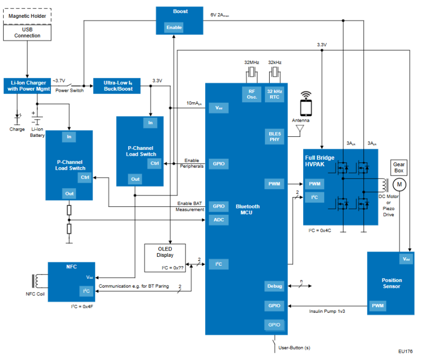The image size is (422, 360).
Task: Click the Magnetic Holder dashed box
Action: click(x=27, y=16)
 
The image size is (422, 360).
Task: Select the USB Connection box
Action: click(x=27, y=32)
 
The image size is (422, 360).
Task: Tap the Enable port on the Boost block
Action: click(x=174, y=27)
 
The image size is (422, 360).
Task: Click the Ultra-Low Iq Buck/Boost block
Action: click(x=117, y=86)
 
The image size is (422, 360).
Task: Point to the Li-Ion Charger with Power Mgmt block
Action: click(x=27, y=86)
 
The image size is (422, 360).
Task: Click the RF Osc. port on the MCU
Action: click(x=252, y=94)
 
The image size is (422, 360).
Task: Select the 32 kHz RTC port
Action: click(x=274, y=94)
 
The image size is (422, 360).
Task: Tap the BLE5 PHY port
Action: click(x=274, y=137)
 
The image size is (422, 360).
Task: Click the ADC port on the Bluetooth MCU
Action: click(x=219, y=220)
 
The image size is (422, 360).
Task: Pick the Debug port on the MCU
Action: click(x=274, y=286)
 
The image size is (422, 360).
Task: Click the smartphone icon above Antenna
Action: click(x=306, y=105)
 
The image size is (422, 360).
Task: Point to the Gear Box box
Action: click(x=399, y=168)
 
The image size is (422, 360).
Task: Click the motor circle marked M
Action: click(x=399, y=184)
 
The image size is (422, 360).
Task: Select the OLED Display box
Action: click(x=165, y=258)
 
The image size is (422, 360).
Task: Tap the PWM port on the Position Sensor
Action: click(x=378, y=306)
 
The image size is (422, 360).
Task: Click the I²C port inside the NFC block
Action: click(x=86, y=291)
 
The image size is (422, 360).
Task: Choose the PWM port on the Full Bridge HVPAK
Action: click(x=315, y=184)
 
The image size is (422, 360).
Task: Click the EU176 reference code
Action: click(x=405, y=352)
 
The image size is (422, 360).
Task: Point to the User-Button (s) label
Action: click(x=294, y=348)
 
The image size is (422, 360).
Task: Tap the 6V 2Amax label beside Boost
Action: click(x=219, y=15)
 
